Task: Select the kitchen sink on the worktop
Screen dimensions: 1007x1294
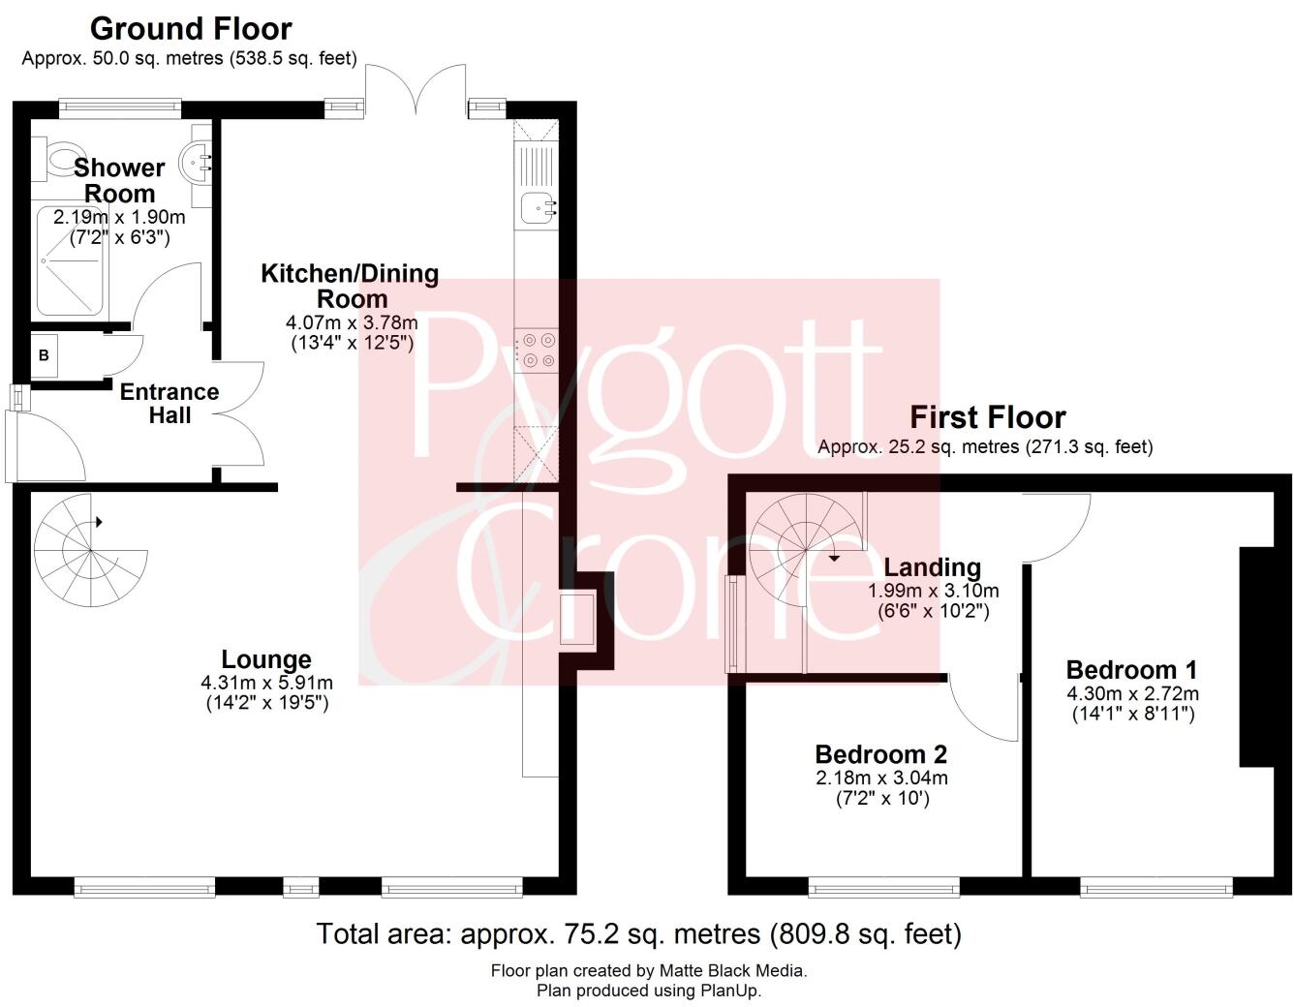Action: click(536, 206)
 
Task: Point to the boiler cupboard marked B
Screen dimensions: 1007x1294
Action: click(44, 356)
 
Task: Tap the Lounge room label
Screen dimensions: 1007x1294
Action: click(266, 659)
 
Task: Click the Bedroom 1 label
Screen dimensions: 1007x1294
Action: click(1131, 669)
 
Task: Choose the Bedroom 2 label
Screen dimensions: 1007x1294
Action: click(880, 753)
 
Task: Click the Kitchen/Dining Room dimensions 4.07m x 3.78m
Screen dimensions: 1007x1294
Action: click(352, 322)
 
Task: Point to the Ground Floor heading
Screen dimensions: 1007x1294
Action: click(191, 29)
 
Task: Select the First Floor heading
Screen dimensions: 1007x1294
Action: click(987, 417)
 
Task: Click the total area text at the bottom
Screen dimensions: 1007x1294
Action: click(638, 933)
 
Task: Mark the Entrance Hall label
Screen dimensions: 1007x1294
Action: click(169, 404)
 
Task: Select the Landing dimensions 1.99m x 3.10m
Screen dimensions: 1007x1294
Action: click(933, 591)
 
